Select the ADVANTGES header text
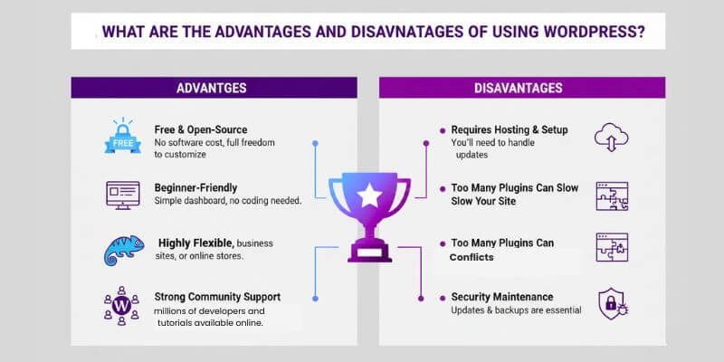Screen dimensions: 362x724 pyautogui.click(x=214, y=88)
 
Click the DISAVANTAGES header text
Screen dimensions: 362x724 pyautogui.click(x=519, y=88)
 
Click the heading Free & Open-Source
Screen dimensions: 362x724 pyautogui.click(x=200, y=129)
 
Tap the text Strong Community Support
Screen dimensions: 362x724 pyautogui.click(x=217, y=296)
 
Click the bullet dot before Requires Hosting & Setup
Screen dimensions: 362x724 pyautogui.click(x=442, y=130)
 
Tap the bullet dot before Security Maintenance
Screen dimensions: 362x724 pyautogui.click(x=442, y=297)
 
